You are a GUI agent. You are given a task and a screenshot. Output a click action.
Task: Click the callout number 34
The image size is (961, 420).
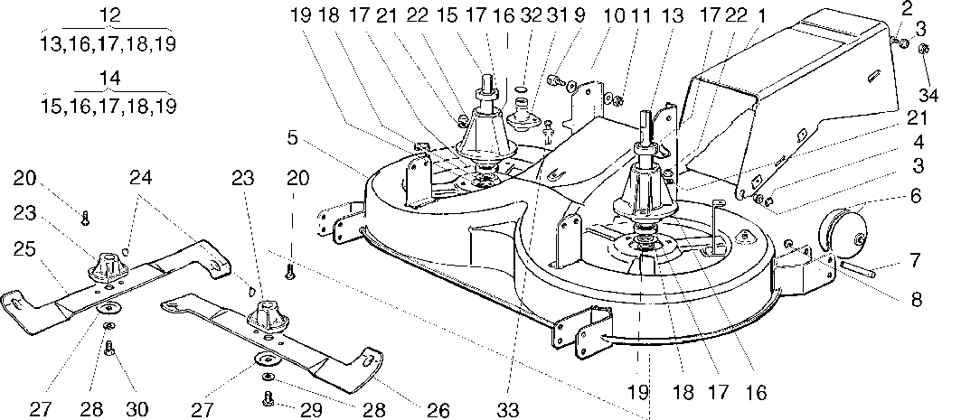[930, 96]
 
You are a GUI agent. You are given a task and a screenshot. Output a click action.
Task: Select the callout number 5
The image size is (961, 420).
[292, 138]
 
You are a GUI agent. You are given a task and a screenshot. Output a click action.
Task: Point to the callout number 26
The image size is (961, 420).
[438, 409]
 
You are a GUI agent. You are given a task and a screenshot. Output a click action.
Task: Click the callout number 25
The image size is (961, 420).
[25, 251]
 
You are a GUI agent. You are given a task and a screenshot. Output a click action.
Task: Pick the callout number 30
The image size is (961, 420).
[137, 409]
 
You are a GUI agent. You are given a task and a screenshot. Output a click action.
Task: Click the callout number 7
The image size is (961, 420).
[915, 261]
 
